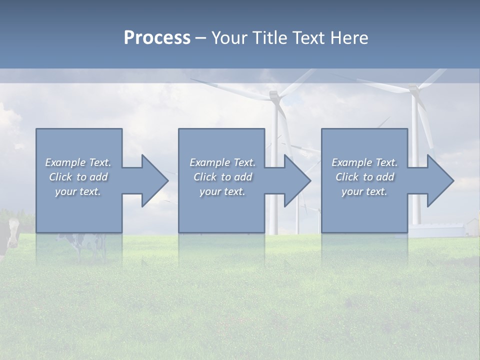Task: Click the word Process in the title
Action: pos(157,38)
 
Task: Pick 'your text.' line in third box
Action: pos(364,191)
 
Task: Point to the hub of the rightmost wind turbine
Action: pos(413,89)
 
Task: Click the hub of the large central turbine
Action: pos(274,95)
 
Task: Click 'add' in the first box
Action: pos(98,177)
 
